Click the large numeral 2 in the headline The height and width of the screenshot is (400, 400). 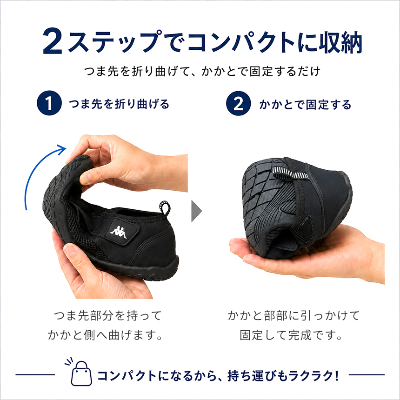[53, 41]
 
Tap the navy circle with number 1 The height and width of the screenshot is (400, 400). [49, 103]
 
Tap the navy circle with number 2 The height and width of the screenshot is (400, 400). [239, 103]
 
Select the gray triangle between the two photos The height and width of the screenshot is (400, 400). [196, 211]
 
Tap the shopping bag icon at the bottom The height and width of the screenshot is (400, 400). [81, 372]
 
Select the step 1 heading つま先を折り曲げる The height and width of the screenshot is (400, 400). [119, 104]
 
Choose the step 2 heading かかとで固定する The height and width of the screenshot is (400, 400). [305, 104]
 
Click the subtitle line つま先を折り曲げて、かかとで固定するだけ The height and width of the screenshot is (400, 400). [202, 71]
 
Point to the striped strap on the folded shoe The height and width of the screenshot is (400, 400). [290, 173]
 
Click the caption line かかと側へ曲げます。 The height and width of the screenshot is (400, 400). [105, 335]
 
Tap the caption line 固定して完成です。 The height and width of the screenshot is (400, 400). [291, 335]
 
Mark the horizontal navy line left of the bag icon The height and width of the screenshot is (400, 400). [35, 374]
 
